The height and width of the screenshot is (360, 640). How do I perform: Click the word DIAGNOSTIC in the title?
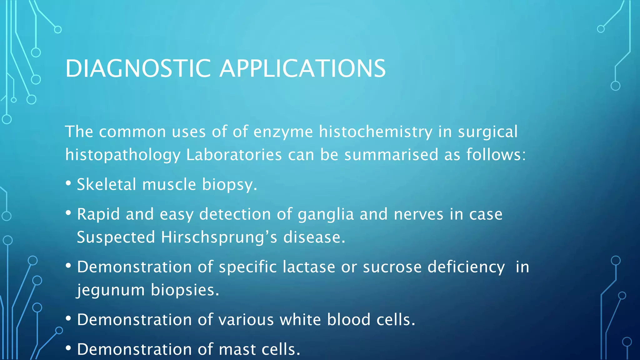pos(138,68)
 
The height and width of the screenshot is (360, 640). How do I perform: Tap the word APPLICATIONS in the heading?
pos(302,68)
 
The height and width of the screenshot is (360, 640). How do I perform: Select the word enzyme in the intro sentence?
pos(283,132)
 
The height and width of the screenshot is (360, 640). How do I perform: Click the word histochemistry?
pos(375,132)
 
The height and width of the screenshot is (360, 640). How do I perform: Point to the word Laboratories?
pos(234,155)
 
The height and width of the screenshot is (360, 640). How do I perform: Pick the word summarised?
pos(391,155)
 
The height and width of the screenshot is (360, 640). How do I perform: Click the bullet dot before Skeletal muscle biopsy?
pos(68,183)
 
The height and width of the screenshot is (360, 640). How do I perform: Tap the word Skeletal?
pos(106,184)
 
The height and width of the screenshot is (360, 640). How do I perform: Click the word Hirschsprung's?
pos(219,237)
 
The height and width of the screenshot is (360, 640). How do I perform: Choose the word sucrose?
pos(392,267)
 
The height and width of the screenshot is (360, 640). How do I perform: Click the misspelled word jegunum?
pos(111,290)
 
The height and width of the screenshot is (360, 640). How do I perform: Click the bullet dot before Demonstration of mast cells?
pos(68,348)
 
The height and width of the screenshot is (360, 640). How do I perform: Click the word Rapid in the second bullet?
pos(98,214)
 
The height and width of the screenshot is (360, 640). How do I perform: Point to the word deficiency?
pos(466,267)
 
